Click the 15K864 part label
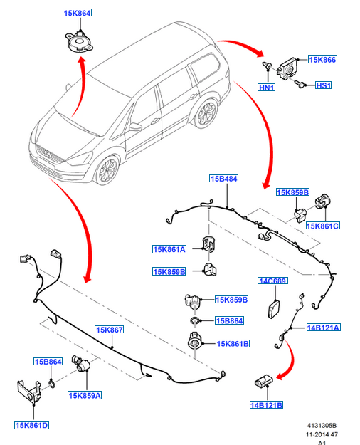pyautogui.click(x=77, y=13)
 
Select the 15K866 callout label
pyautogui.click(x=322, y=59)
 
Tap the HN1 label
pyautogui.click(x=266, y=87)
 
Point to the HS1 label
pyautogui.click(x=323, y=85)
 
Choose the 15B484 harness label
pyautogui.click(x=224, y=179)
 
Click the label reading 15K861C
pyautogui.click(x=323, y=226)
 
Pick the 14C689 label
pyautogui.click(x=272, y=281)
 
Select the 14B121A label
pyautogui.click(x=324, y=328)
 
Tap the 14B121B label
pyautogui.click(x=266, y=405)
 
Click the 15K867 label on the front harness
pyautogui.click(x=110, y=330)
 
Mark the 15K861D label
pyautogui.click(x=32, y=425)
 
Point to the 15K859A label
pyautogui.click(x=85, y=395)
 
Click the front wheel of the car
pyautogui.click(x=107, y=169)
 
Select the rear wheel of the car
pyautogui.click(x=206, y=112)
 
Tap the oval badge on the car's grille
pyautogui.click(x=48, y=154)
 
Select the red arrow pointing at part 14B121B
pyautogui.click(x=289, y=360)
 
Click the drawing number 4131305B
pyautogui.click(x=322, y=425)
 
